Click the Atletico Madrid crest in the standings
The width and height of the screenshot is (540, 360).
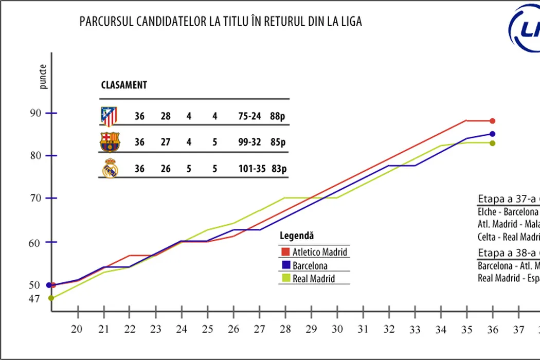[109, 117]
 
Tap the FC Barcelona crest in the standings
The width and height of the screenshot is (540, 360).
[109, 142]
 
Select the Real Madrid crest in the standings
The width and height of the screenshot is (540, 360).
[110, 169]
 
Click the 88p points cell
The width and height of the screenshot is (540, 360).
[277, 116]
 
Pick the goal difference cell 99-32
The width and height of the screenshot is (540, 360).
[249, 142]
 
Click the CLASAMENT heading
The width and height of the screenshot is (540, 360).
[123, 85]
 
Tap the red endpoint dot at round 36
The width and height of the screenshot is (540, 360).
[492, 121]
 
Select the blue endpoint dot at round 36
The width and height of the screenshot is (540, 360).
[492, 134]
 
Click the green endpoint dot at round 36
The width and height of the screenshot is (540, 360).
[492, 143]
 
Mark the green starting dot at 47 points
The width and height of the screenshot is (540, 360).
[51, 298]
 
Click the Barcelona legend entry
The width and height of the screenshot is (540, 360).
[310, 266]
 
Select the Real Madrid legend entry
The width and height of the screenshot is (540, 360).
[313, 279]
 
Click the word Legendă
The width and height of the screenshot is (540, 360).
[297, 236]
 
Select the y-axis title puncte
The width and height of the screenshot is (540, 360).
[44, 77]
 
